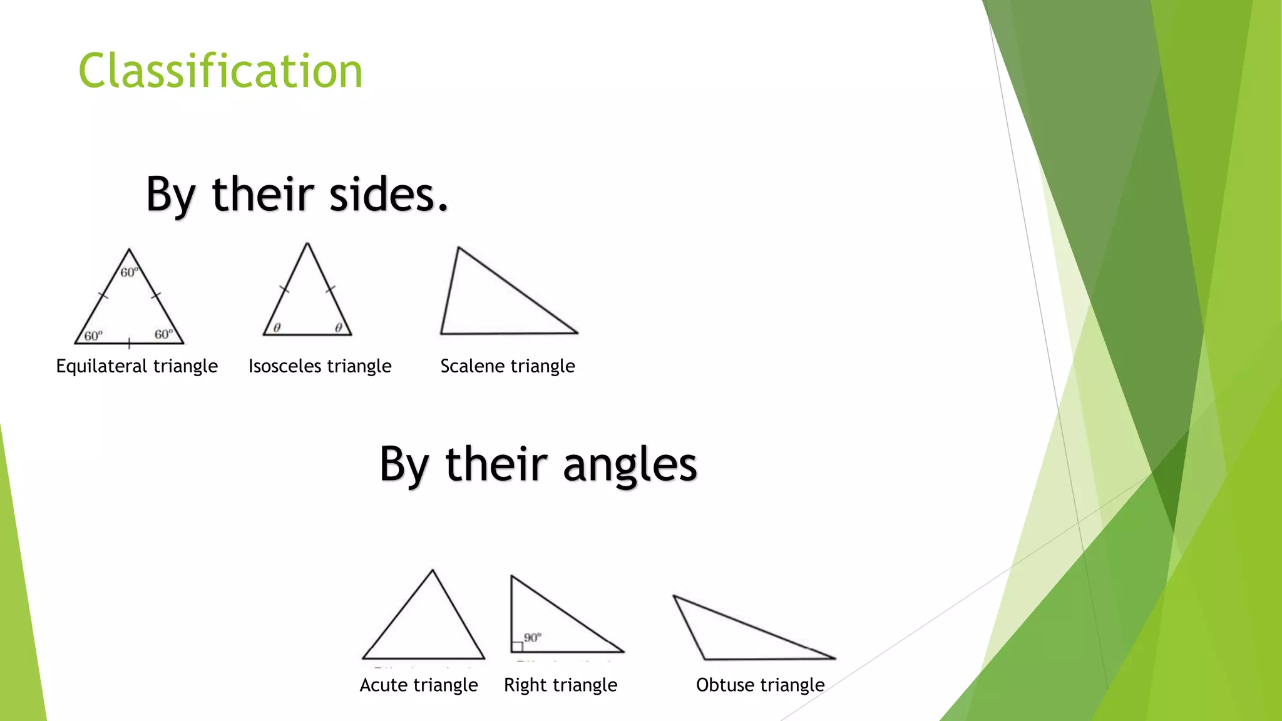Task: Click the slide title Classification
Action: [x=220, y=71]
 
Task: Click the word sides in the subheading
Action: [x=388, y=194]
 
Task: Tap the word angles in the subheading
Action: [x=630, y=464]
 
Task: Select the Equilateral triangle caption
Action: [x=137, y=366]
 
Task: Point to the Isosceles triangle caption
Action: [x=320, y=366]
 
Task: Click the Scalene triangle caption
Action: [x=508, y=366]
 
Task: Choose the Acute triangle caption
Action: [x=419, y=685]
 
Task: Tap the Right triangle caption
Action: [x=561, y=685]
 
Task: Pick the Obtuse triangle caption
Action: [x=761, y=685]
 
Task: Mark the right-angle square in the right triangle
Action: [x=517, y=647]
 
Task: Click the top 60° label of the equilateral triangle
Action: [x=129, y=272]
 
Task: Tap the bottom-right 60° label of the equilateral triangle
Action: [x=164, y=334]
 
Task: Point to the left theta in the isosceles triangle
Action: [x=277, y=327]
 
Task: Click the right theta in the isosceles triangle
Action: [x=339, y=327]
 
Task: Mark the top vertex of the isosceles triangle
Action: [x=307, y=244]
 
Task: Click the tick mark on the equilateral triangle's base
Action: [x=129, y=343]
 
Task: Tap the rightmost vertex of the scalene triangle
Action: [x=577, y=332]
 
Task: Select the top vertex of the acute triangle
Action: [x=432, y=571]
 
